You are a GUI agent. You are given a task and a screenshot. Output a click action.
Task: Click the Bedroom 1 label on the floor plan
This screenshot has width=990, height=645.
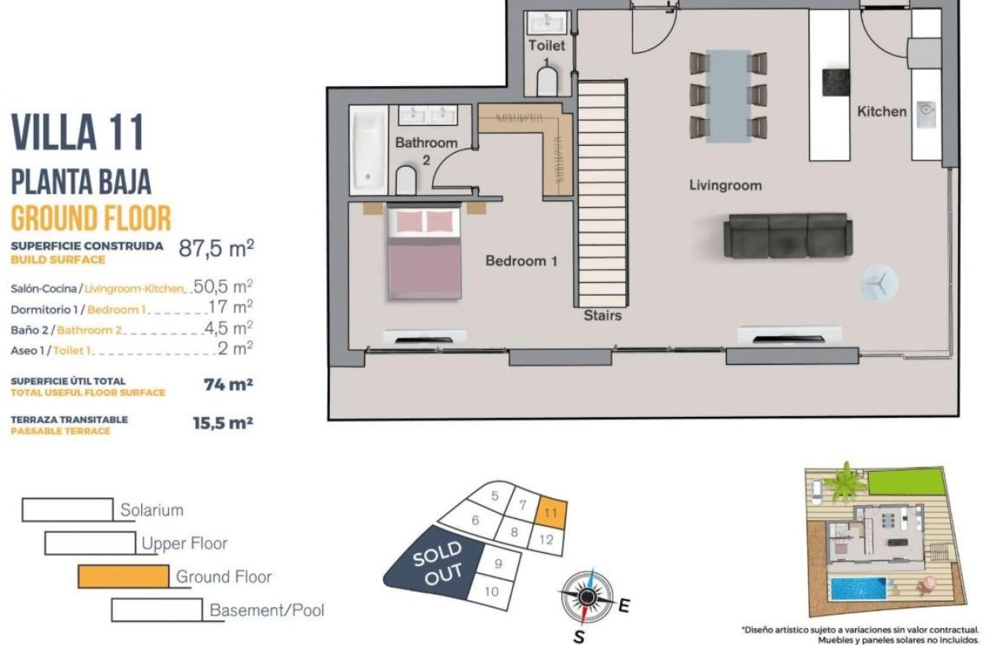[521, 261]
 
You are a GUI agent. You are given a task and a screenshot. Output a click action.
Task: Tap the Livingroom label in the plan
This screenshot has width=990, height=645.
[725, 185]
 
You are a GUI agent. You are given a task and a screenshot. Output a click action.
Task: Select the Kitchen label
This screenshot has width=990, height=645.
[881, 111]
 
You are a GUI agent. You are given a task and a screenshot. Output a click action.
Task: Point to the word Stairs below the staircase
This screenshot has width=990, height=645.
[602, 315]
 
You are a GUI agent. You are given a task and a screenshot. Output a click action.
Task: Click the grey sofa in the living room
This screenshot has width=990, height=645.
[787, 236]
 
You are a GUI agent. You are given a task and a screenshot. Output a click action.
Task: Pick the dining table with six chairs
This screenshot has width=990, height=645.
[728, 96]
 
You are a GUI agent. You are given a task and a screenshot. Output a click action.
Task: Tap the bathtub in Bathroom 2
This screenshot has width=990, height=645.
[368, 150]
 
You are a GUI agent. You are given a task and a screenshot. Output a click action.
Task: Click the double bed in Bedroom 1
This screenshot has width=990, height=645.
[424, 254]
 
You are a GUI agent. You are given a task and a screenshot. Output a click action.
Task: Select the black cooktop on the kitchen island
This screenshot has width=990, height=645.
[833, 82]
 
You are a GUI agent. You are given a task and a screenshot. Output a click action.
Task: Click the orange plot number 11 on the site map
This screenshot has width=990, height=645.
[549, 512]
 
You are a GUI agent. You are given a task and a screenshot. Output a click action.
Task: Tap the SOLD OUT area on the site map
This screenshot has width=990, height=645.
[436, 564]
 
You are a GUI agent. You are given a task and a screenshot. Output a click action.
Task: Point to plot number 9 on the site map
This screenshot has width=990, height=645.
[498, 564]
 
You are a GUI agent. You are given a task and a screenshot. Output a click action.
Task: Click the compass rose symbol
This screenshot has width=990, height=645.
[587, 597]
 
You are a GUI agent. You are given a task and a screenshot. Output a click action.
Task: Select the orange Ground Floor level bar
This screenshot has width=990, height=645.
[124, 576]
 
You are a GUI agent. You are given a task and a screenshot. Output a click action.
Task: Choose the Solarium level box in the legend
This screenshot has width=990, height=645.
[68, 510]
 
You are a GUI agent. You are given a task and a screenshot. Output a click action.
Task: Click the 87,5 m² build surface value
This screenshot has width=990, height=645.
[216, 248]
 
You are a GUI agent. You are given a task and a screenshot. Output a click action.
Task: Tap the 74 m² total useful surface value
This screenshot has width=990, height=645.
[228, 385]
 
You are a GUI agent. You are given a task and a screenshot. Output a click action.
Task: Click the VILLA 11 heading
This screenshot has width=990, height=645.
[78, 132]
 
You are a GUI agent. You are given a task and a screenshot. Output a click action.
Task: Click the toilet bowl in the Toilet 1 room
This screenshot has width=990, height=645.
[546, 81]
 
